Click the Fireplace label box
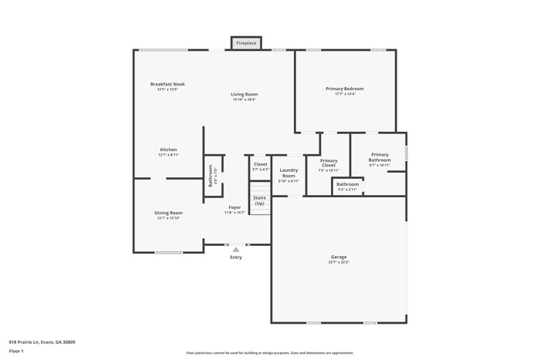[x=246, y=43]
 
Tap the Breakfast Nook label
[x=167, y=84]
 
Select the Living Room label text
[x=244, y=94]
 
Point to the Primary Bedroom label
[x=344, y=89]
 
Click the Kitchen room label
[x=168, y=150]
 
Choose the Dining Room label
[x=169, y=213]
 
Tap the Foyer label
[x=234, y=207]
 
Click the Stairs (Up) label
[x=259, y=200]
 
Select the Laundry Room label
[x=289, y=173]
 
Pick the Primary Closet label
[x=329, y=163]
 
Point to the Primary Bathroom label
[x=380, y=156]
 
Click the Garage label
[x=339, y=257]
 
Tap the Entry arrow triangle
[x=236, y=249]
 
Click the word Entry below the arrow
[x=236, y=257]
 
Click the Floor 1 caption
[x=16, y=352]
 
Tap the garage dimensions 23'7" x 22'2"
[x=339, y=262]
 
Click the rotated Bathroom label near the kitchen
[x=210, y=176]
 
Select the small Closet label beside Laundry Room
[x=261, y=164]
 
